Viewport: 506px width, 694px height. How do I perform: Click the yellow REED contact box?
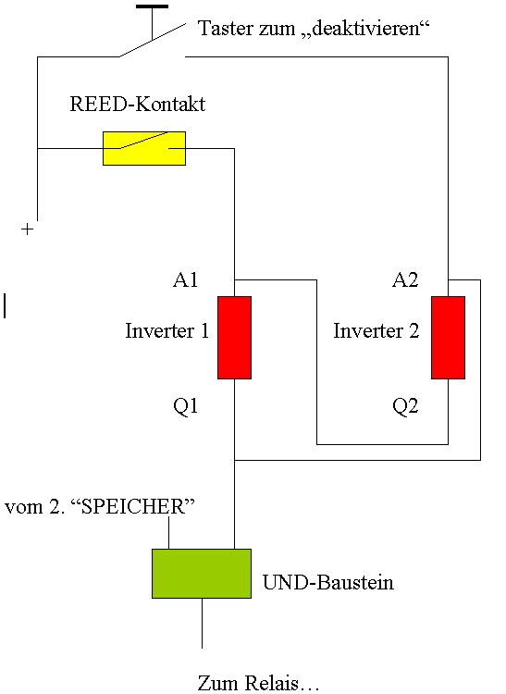point(144,148)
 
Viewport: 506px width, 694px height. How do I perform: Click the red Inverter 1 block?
point(234,338)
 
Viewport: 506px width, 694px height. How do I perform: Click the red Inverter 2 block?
point(448,338)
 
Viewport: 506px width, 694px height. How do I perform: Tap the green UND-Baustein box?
point(202,574)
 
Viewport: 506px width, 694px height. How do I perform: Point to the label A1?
point(185,279)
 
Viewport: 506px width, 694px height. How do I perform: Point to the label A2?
point(405,279)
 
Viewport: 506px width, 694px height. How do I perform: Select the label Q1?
point(185,406)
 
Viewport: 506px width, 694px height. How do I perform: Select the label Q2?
point(405,406)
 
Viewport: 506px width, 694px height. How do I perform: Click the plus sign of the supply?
point(28,229)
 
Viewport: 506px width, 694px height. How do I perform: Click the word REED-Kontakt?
point(138,104)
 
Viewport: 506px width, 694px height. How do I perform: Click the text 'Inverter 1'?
point(167,330)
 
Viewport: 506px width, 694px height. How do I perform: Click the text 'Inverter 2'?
point(376,330)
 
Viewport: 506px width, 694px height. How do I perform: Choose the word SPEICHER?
point(133,506)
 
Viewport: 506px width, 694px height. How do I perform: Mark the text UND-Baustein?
point(328,582)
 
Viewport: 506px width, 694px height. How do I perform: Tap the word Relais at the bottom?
point(272,683)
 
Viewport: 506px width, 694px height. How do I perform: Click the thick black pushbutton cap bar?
point(152,6)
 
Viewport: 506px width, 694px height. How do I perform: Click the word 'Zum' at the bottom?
point(218,683)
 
